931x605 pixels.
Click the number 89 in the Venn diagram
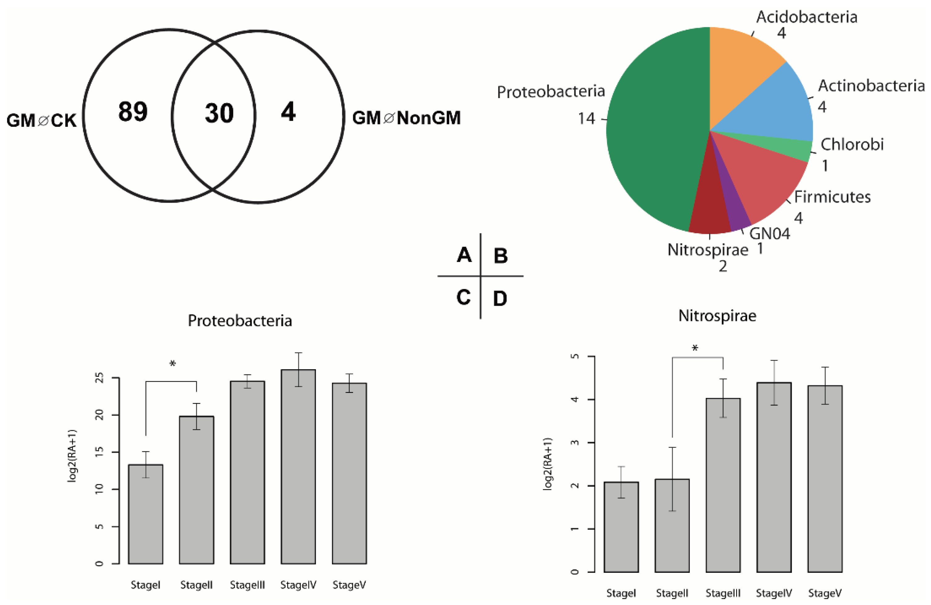(x=133, y=111)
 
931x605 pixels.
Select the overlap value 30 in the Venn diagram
(x=219, y=114)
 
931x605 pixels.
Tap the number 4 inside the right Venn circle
(x=288, y=112)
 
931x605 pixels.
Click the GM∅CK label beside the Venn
(x=41, y=120)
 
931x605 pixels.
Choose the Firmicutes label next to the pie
(x=832, y=197)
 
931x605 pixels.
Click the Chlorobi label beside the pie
(x=852, y=145)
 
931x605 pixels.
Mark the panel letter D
(x=500, y=299)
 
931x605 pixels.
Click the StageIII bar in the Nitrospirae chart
(x=723, y=485)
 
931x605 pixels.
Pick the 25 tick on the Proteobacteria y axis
(x=99, y=378)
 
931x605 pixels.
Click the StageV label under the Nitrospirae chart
(x=825, y=593)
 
